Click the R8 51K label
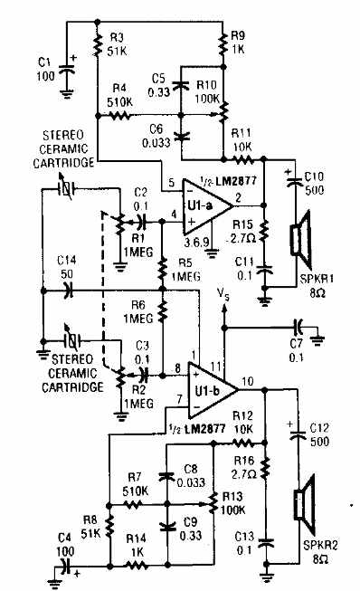90,529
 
